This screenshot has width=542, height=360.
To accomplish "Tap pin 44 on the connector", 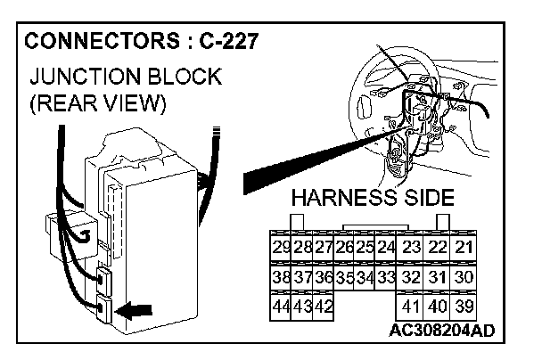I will [282, 306].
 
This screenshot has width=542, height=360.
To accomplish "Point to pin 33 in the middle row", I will [385, 276].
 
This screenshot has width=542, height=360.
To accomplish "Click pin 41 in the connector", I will [411, 306].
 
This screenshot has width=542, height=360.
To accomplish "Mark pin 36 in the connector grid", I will [323, 276].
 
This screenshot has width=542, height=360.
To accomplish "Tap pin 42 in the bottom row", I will [323, 306].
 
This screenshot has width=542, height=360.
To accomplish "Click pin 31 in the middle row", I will [438, 276].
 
